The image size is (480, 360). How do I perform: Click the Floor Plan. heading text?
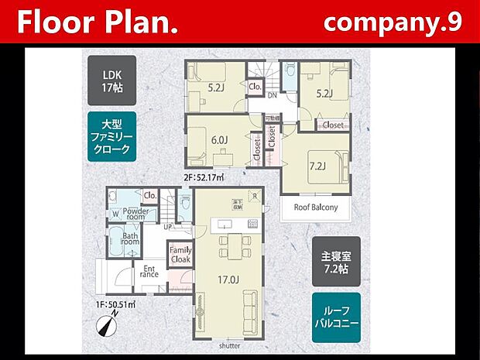point(98,22)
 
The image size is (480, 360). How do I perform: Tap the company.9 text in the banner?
point(393,22)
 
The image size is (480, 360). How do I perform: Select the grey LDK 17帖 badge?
point(108,80)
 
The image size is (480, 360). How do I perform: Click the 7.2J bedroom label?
point(317,166)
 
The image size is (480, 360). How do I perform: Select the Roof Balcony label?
point(315,207)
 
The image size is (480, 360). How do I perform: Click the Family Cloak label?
point(180,255)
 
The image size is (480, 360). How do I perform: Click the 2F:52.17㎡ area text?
point(204,178)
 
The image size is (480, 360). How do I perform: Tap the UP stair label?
point(169,226)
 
